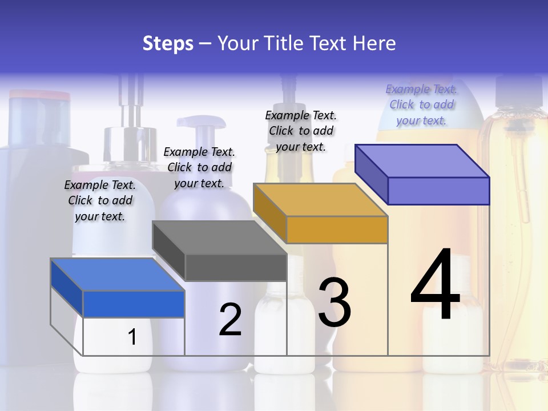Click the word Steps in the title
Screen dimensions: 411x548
pyautogui.click(x=168, y=43)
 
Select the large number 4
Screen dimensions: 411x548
pyautogui.click(x=435, y=285)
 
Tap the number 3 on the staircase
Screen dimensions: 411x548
pyautogui.click(x=335, y=303)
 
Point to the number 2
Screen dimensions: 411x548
pyautogui.click(x=230, y=320)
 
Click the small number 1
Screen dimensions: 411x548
pyautogui.click(x=132, y=337)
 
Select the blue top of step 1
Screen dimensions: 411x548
pyautogui.click(x=117, y=275)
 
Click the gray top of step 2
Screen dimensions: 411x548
pyautogui.click(x=220, y=237)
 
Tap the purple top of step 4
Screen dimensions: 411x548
pyautogui.click(x=422, y=161)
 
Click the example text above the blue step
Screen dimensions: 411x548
pyautogui.click(x=100, y=200)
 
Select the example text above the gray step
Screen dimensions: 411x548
pyautogui.click(x=199, y=167)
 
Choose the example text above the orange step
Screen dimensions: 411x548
pyautogui.click(x=301, y=131)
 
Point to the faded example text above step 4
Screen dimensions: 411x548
pyautogui.click(x=421, y=104)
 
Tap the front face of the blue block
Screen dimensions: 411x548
pyautogui.click(x=134, y=304)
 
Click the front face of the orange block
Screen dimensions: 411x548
pyautogui.click(x=337, y=229)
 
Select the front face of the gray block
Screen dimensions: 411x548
pyautogui.click(x=235, y=267)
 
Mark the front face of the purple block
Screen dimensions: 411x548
pyautogui.click(x=438, y=191)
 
